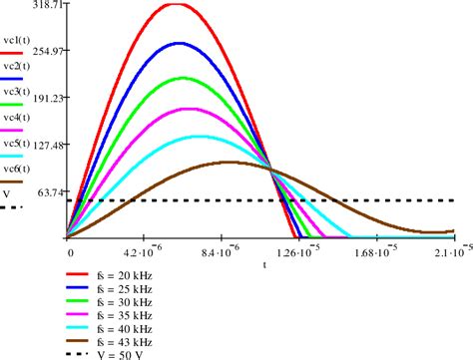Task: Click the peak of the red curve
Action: click(176, 5)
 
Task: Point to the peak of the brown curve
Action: click(231, 162)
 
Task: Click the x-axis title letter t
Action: click(264, 264)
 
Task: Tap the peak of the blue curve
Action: click(180, 44)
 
